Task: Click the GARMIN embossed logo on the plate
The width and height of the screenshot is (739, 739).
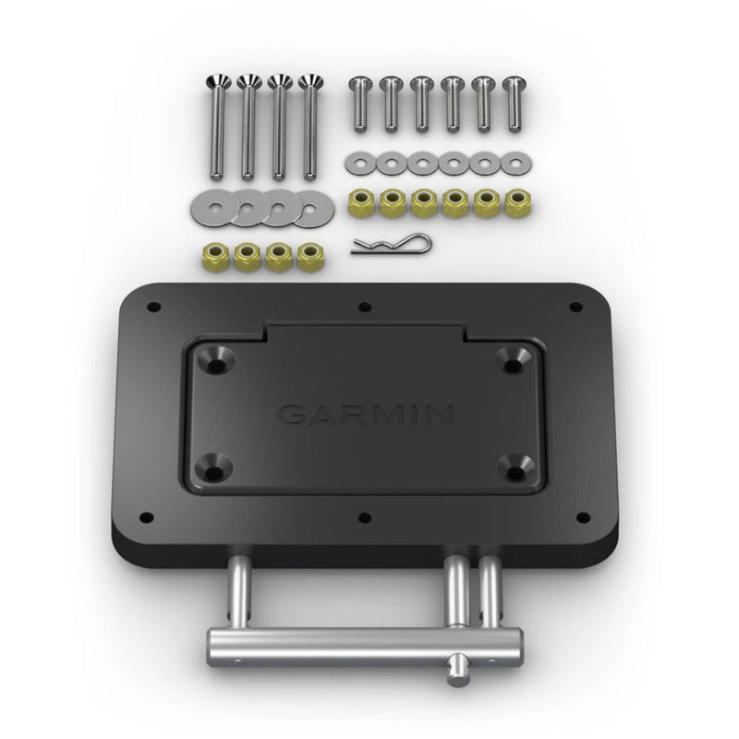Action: pyautogui.click(x=365, y=414)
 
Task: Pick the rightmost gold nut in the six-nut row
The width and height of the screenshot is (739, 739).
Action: pyautogui.click(x=514, y=202)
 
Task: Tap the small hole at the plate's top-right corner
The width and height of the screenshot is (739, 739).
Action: pyautogui.click(x=576, y=307)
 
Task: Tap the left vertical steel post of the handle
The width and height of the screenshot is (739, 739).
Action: pyautogui.click(x=238, y=592)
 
